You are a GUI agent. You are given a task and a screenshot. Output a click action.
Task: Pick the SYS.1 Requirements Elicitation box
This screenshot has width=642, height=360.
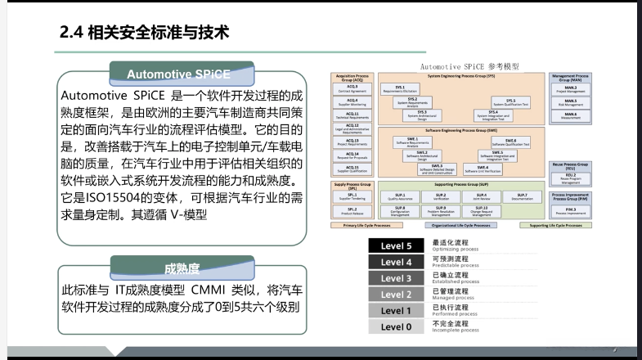point(400,88)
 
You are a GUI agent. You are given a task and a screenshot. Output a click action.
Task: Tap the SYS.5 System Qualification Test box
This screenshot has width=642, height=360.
point(510,102)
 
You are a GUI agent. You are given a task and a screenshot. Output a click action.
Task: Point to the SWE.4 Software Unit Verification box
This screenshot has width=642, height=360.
point(483,169)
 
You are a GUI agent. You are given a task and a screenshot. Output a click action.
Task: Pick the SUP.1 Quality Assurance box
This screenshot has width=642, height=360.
point(400,196)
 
